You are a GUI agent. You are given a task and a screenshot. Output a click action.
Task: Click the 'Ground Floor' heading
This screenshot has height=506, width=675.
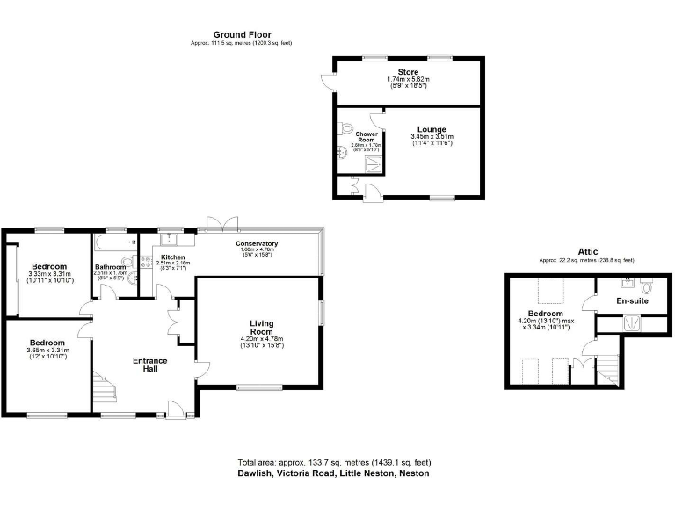click(x=241, y=35)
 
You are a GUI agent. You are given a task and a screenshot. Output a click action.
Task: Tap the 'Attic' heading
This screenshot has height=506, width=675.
click(x=588, y=251)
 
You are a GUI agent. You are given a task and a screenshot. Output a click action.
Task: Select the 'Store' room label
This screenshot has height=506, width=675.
click(x=407, y=72)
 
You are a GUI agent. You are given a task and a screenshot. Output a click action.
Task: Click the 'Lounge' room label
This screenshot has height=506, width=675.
click(x=432, y=129)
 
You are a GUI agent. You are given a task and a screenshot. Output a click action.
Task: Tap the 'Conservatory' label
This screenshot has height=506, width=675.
click(x=258, y=243)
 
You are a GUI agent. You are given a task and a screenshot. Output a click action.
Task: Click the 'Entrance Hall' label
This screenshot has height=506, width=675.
click(x=149, y=365)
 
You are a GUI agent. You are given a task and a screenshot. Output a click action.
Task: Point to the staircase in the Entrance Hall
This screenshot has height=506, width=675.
click(x=105, y=387)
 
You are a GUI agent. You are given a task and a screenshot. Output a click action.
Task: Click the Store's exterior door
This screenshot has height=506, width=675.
click(x=327, y=83)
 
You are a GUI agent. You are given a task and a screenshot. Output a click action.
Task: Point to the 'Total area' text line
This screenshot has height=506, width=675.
click(x=334, y=462)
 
